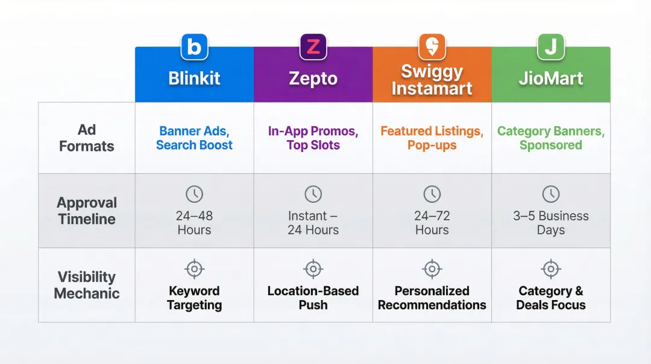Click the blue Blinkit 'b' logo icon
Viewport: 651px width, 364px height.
coord(194,47)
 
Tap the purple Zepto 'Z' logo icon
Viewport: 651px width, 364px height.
coord(313,47)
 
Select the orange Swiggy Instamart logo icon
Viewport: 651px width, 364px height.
coord(432,47)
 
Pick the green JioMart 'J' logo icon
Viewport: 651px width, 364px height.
coord(550,47)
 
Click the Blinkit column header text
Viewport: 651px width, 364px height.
coord(194,78)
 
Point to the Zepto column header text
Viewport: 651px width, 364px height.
coord(313,78)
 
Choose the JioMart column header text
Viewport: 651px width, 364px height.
coord(550,78)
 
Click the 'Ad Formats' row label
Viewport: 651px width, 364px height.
coord(87,138)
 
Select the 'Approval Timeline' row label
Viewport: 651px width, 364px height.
coord(87,211)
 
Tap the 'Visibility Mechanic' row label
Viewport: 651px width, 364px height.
coord(87,285)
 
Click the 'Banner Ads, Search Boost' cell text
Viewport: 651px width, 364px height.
coord(194,138)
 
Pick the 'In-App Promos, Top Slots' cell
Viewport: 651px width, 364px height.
coord(313,138)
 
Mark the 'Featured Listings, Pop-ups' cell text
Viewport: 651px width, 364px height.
coord(432,138)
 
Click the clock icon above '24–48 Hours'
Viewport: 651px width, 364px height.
coord(194,194)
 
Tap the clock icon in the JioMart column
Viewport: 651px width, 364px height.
coord(550,194)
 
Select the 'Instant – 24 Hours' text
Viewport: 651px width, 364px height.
coord(313,223)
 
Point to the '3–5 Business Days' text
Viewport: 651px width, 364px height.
coord(550,223)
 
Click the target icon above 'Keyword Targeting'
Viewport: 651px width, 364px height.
coord(194,269)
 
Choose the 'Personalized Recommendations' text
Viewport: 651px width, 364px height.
coord(432,298)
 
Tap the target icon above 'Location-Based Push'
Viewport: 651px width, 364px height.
coord(313,269)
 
